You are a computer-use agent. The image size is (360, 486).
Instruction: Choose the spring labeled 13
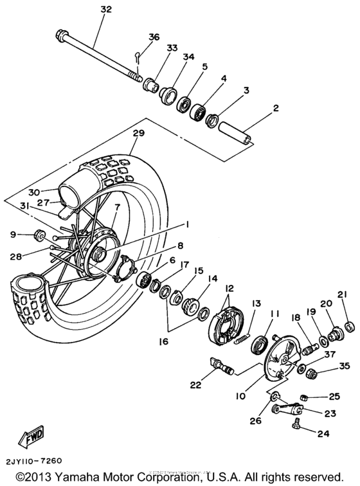[245, 334]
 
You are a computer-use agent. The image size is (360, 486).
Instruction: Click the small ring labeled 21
[349, 327]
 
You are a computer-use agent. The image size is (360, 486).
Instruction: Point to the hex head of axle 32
[63, 34]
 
